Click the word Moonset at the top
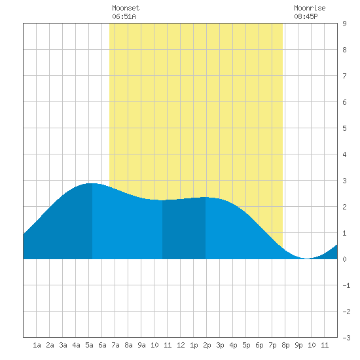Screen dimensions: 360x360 (126, 8)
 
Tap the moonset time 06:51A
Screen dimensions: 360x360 (124, 16)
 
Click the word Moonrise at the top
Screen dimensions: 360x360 (310, 8)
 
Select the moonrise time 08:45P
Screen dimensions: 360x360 (306, 16)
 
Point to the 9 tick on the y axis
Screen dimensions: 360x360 (344, 24)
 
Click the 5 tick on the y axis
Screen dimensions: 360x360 (344, 128)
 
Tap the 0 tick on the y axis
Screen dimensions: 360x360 (344, 259)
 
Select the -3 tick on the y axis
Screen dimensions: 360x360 (346, 338)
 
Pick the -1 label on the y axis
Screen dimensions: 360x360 (346, 285)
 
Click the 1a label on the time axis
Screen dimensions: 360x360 (37, 345)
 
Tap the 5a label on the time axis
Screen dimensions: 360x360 (89, 345)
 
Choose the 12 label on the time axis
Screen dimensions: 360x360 (181, 345)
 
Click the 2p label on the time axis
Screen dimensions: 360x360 (207, 345)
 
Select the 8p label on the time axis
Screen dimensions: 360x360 (285, 345)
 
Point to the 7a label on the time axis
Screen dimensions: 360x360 (115, 345)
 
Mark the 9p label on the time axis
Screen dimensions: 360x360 (298, 345)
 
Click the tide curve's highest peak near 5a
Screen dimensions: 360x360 (92, 183)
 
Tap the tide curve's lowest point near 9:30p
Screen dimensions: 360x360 (307, 259)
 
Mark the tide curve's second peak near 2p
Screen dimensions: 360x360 (205, 197)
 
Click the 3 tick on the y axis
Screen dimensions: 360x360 (344, 181)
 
